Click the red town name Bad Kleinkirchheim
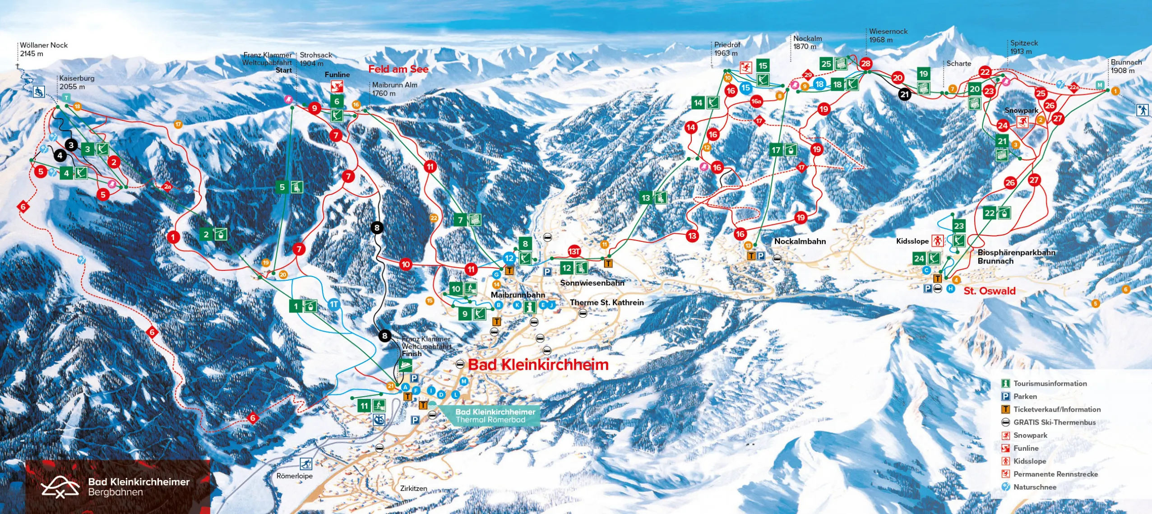coord(538,365)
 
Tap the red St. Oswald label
coord(989,291)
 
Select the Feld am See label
coord(398,69)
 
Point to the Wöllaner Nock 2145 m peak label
coord(44,49)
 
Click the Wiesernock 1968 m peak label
coord(888,36)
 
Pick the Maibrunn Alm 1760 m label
coord(394,89)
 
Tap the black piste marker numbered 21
coord(904,94)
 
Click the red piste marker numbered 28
coord(865,64)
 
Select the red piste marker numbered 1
coord(173,236)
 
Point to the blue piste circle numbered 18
coord(819,84)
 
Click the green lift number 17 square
coord(776,150)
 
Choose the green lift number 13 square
coord(646,198)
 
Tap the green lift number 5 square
coord(282,187)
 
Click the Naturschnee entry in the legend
coord(1034,487)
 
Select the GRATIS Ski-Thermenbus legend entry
coord(1054,422)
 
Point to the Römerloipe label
coord(294,476)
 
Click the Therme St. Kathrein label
coord(606,302)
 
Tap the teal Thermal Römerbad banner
coord(495,416)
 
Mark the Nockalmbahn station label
coord(800,241)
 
